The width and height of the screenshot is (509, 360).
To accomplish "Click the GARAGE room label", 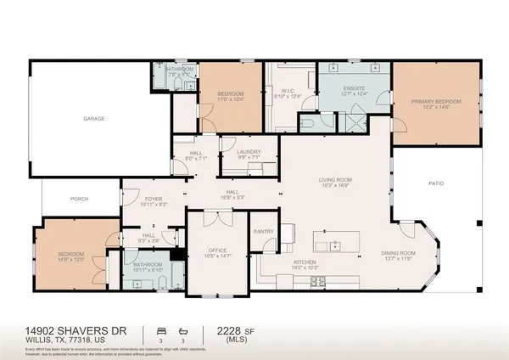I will tap(93, 119).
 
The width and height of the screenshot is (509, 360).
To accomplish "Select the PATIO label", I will tap(434, 183).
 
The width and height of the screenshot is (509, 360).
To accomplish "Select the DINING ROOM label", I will tap(398, 253).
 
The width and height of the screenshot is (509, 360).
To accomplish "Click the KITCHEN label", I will tap(305, 262).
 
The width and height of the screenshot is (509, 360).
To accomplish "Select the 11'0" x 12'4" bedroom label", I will tap(230, 95).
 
